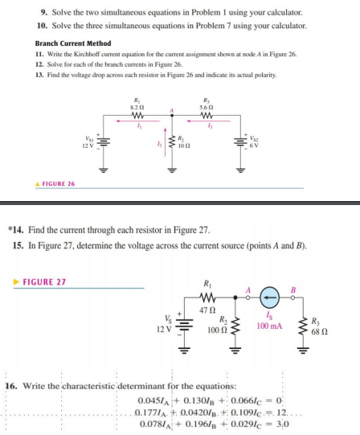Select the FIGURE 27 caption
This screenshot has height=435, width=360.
(45, 282)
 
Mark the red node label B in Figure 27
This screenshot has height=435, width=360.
(292, 290)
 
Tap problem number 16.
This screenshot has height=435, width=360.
(11, 387)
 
